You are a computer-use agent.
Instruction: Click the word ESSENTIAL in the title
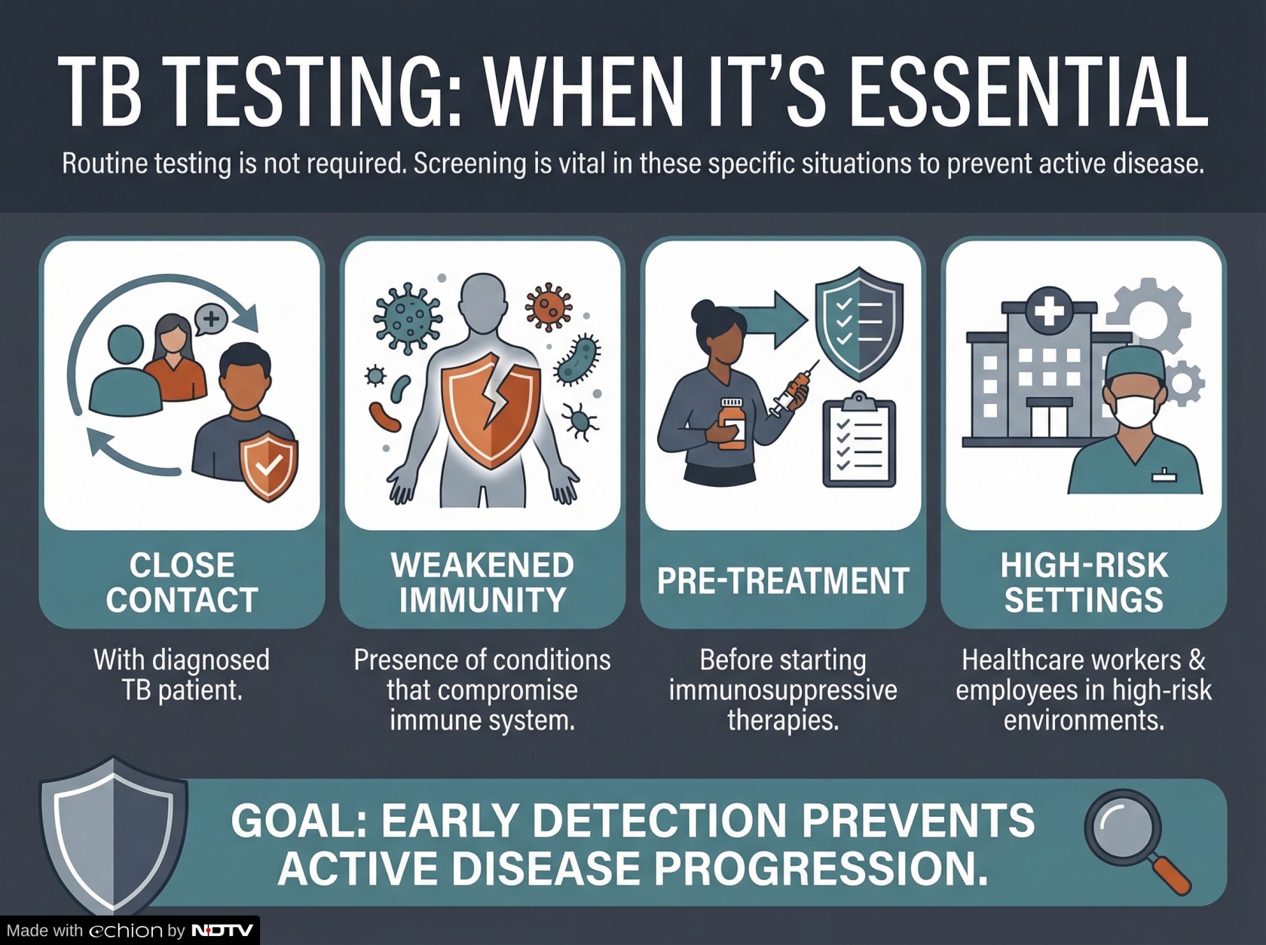pyautogui.click(x=1029, y=92)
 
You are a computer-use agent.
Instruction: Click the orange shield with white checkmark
pyautogui.click(x=269, y=466)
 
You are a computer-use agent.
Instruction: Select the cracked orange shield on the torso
pyautogui.click(x=491, y=409)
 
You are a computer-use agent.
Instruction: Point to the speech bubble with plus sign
pyautogui.click(x=211, y=319)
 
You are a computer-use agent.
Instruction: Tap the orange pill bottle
pyautogui.click(x=732, y=424)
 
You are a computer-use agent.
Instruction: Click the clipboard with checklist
pyautogui.click(x=859, y=441)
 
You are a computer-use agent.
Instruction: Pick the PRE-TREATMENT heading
pyautogui.click(x=783, y=580)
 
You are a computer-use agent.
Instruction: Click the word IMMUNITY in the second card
pyautogui.click(x=482, y=600)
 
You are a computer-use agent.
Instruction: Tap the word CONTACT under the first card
pyautogui.click(x=182, y=600)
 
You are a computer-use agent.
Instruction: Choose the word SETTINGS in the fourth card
pyautogui.click(x=1084, y=600)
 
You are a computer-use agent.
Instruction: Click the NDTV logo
pyautogui.click(x=222, y=930)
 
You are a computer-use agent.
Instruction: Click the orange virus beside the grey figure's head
pyautogui.click(x=548, y=307)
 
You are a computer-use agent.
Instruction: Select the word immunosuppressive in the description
pyautogui.click(x=783, y=690)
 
